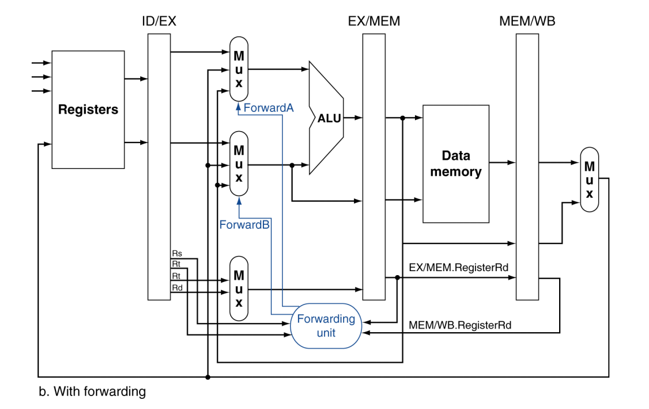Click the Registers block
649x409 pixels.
[88, 110]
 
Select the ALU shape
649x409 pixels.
[327, 118]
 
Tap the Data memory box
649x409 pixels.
[456, 164]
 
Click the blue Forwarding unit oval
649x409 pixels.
[326, 326]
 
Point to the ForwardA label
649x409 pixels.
[269, 108]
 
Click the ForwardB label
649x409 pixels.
[244, 225]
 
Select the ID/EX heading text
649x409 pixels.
[159, 21]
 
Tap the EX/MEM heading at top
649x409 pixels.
[374, 21]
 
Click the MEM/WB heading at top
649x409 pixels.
[527, 21]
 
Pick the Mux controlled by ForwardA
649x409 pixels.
[239, 69]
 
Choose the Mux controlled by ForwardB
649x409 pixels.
[239, 163]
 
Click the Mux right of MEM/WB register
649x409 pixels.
[590, 180]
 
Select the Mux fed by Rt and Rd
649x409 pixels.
[239, 289]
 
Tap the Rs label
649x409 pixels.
[177, 254]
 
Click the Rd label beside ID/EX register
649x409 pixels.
[177, 288]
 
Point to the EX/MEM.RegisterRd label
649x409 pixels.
[458, 268]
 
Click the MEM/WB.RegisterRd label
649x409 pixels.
[460, 325]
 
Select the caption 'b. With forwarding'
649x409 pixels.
[92, 391]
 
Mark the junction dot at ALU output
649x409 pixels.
[403, 118]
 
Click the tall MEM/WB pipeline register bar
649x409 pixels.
[527, 167]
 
